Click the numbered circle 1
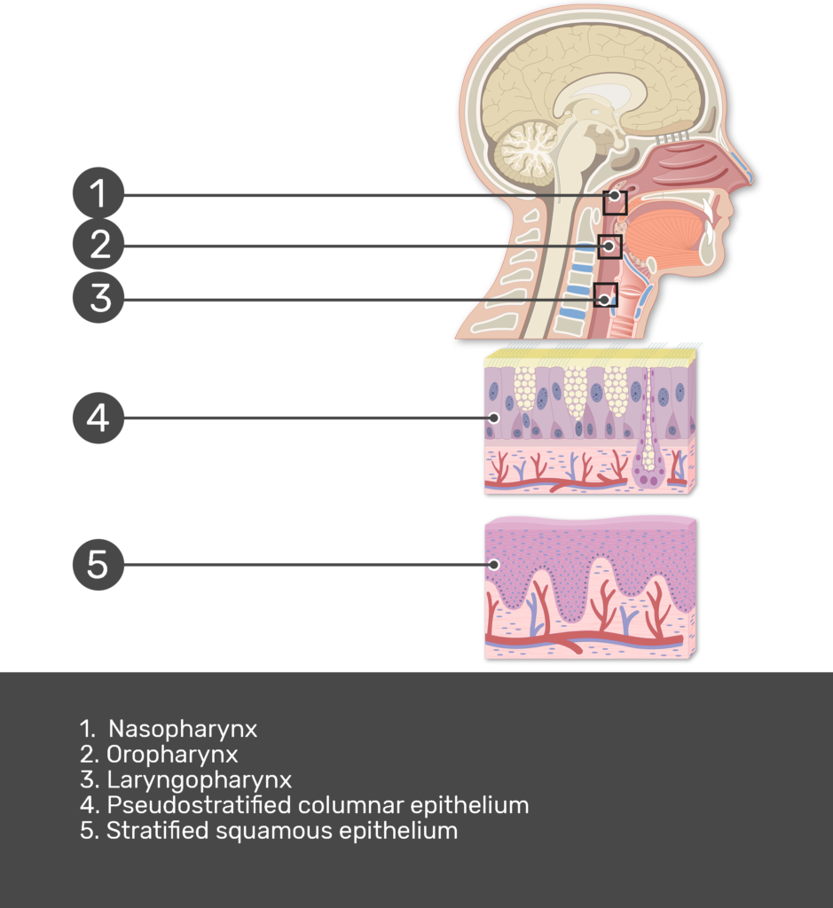point(98,194)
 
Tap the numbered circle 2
point(98,245)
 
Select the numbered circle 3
point(98,298)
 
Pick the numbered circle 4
point(98,417)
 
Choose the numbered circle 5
point(98,563)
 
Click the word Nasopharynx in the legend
point(183,729)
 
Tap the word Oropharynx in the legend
point(172,755)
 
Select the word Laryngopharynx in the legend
point(199,780)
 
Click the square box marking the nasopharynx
point(615,202)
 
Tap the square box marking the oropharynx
point(609,246)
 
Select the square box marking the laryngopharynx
point(605,295)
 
